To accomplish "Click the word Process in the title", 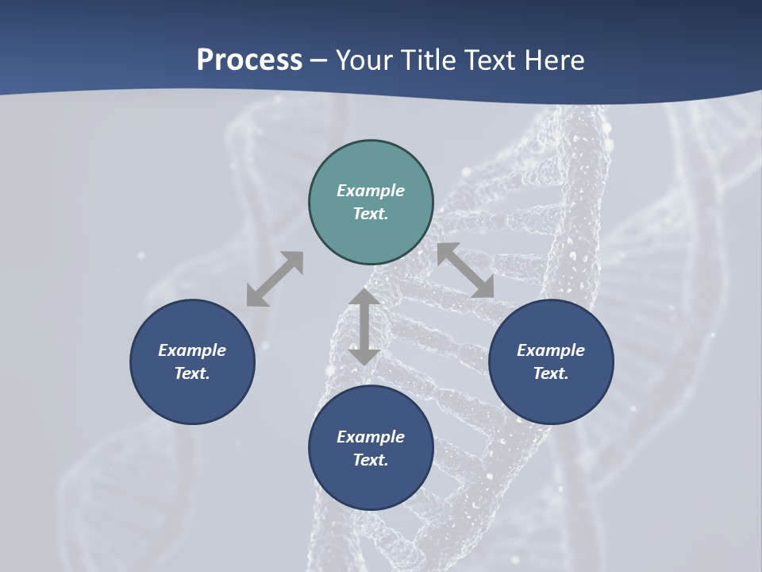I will click(x=249, y=60).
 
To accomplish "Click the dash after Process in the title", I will click(x=318, y=61).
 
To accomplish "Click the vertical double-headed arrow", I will click(x=364, y=327).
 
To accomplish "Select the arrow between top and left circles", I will click(x=275, y=279).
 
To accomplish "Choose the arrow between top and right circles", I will click(x=466, y=270).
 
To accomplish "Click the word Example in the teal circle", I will click(x=371, y=191).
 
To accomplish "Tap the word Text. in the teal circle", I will click(x=371, y=214).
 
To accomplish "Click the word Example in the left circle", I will click(x=192, y=350).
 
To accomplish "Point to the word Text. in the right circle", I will click(x=551, y=373).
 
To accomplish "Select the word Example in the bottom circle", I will click(x=371, y=437).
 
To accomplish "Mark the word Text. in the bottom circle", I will click(x=371, y=460).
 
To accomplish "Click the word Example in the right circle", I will click(x=551, y=350).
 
